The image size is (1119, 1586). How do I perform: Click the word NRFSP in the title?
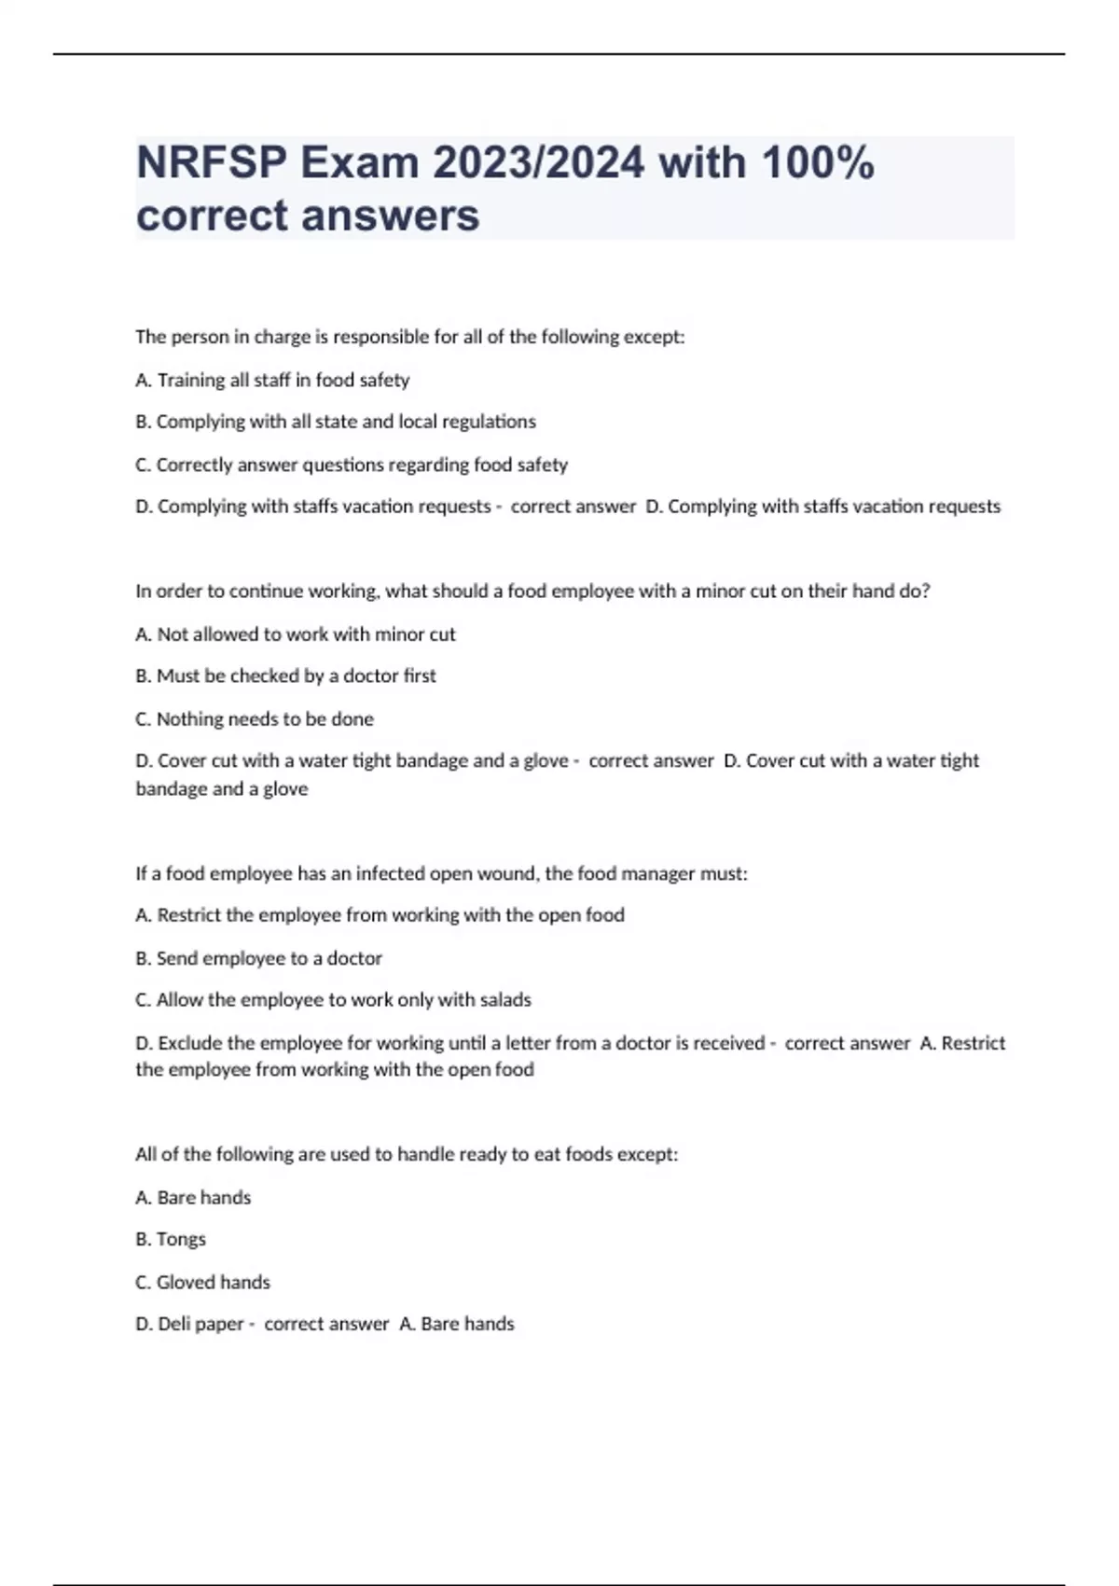(212, 163)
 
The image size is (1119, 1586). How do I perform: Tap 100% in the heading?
(817, 163)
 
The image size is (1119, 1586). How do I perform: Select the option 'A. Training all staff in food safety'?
(272, 381)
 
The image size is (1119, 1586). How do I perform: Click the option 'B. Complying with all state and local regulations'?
(336, 422)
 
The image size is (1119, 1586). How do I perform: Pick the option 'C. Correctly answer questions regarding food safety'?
(352, 465)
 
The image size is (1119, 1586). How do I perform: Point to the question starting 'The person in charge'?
(410, 337)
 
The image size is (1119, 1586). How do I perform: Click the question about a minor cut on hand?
(532, 591)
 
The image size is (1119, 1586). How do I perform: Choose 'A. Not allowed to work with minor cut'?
(296, 634)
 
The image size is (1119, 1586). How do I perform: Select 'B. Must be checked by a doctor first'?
(285, 676)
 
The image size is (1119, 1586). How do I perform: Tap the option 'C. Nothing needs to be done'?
(255, 719)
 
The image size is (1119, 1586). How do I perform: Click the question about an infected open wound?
(441, 874)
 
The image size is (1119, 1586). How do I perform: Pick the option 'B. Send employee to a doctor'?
(258, 958)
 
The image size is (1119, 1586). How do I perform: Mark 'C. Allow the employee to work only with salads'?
(333, 1000)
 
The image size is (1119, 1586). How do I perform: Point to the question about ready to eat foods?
(407, 1155)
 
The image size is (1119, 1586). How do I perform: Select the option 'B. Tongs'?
(171, 1240)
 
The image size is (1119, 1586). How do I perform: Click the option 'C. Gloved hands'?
(202, 1283)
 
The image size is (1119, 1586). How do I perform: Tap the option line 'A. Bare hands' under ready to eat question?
(193, 1198)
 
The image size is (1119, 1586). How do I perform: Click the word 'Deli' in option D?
(173, 1325)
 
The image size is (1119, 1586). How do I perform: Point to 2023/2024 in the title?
(537, 163)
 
